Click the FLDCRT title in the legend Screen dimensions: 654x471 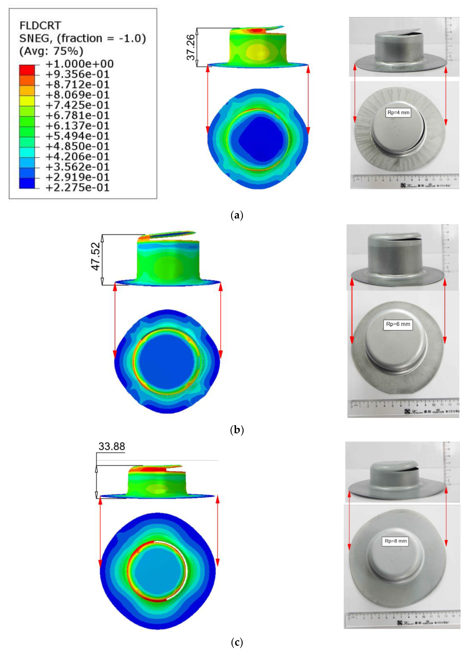40,26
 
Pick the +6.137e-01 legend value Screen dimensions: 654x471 78,126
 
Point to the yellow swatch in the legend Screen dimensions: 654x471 27,101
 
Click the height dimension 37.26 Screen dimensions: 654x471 191,48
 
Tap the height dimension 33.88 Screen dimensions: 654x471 112,447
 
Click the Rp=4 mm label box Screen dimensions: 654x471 398,112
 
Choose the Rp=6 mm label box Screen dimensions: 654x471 398,324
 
